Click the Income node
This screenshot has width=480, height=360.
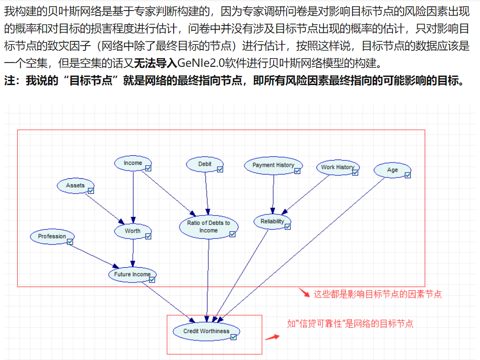click(x=132, y=163)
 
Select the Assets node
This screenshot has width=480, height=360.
click(x=75, y=186)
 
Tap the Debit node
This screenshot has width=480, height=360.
click(x=204, y=164)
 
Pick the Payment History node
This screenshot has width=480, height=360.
click(x=273, y=165)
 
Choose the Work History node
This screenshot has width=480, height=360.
click(x=337, y=167)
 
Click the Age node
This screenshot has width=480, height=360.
click(x=392, y=170)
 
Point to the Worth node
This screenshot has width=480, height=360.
click(x=132, y=231)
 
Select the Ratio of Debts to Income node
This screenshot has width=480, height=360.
click(x=208, y=227)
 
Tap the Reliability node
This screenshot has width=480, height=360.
click(x=272, y=222)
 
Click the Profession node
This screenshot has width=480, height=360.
click(x=52, y=236)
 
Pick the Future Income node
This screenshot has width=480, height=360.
click(x=132, y=274)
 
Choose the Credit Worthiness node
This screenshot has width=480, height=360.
click(x=206, y=331)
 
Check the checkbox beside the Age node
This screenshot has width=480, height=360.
click(x=408, y=175)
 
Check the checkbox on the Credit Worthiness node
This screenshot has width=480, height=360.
click(x=234, y=337)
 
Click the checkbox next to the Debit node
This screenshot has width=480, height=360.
click(x=220, y=169)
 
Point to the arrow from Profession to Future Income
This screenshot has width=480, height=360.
click(x=94, y=254)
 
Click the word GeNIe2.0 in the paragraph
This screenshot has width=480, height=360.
click(x=199, y=63)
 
